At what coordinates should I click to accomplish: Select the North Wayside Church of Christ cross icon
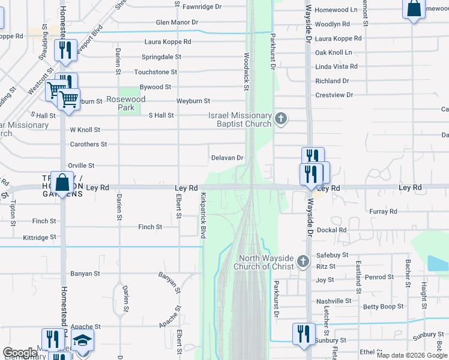click(303, 262)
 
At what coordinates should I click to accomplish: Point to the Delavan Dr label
click(227, 158)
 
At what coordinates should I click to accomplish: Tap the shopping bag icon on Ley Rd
click(62, 181)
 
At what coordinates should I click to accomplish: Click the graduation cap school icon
click(82, 340)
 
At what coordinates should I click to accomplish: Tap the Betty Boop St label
click(382, 307)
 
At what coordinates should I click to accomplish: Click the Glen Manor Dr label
click(177, 22)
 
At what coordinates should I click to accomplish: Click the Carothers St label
click(88, 144)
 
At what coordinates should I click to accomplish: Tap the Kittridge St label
click(39, 238)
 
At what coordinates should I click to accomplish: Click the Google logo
click(20, 353)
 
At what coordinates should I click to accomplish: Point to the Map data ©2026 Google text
click(411, 355)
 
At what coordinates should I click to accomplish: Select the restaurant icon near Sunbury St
click(304, 334)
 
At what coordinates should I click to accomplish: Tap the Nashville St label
click(334, 301)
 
